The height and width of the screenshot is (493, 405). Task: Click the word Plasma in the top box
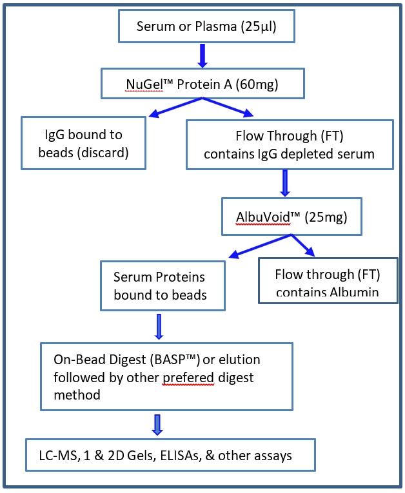coord(216,26)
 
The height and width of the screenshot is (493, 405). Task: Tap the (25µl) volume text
coord(259,27)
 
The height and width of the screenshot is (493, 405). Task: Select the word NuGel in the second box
coord(144,84)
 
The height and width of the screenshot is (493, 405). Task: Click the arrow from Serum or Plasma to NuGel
coord(202,55)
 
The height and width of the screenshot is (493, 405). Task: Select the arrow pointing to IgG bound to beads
coord(175,108)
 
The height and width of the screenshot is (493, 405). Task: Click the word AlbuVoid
coord(263,217)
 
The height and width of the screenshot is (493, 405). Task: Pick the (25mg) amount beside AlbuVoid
coord(326,217)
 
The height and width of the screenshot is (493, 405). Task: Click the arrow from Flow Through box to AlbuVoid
coord(285,183)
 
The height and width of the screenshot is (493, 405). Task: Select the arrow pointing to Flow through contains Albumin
coord(303,246)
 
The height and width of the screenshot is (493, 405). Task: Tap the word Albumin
coord(354,292)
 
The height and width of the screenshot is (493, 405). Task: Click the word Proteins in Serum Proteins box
coord(181,277)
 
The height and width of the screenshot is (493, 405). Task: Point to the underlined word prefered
coord(188,378)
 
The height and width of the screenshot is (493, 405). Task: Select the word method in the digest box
coord(77,395)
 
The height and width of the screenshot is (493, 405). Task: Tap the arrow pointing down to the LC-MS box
coord(157,425)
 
